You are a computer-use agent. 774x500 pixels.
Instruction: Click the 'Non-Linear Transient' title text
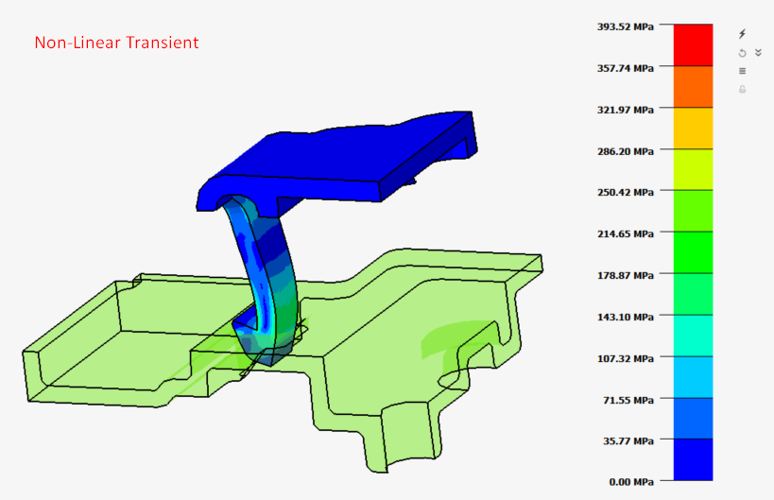pos(116,43)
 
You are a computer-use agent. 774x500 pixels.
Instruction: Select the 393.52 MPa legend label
pos(625,26)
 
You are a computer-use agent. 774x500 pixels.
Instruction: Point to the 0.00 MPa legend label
pos(633,482)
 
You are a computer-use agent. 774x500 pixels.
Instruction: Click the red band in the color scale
pos(692,44)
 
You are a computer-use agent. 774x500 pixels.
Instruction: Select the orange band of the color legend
pos(692,86)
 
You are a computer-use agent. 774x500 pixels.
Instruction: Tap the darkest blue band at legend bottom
pos(692,460)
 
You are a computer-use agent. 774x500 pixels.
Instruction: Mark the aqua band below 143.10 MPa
pos(692,336)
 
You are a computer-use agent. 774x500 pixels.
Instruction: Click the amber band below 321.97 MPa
pos(692,128)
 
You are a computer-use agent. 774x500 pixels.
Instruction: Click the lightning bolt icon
pos(742,34)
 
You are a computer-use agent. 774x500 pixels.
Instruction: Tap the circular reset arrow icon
pos(742,53)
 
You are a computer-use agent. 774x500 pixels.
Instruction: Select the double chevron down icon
pos(757,53)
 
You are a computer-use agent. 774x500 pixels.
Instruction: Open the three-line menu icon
pos(742,71)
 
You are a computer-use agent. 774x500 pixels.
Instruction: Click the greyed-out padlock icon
pos(742,89)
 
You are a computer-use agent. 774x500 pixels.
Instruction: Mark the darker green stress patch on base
pos(452,340)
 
